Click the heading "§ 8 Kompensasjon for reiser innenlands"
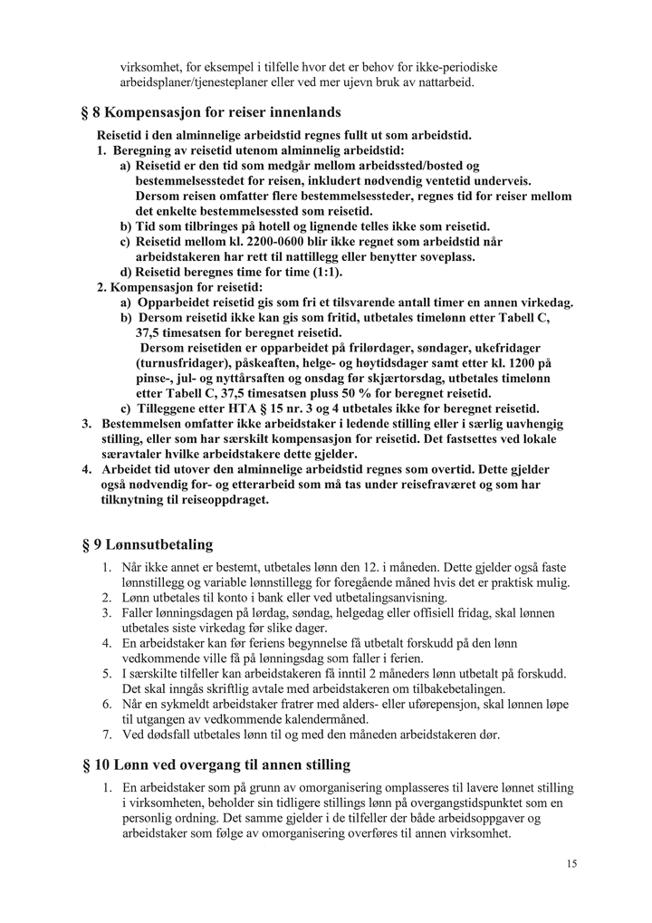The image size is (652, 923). pos(210,113)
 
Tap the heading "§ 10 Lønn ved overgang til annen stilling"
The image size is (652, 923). pos(216,764)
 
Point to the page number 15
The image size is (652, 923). pos(571,864)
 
